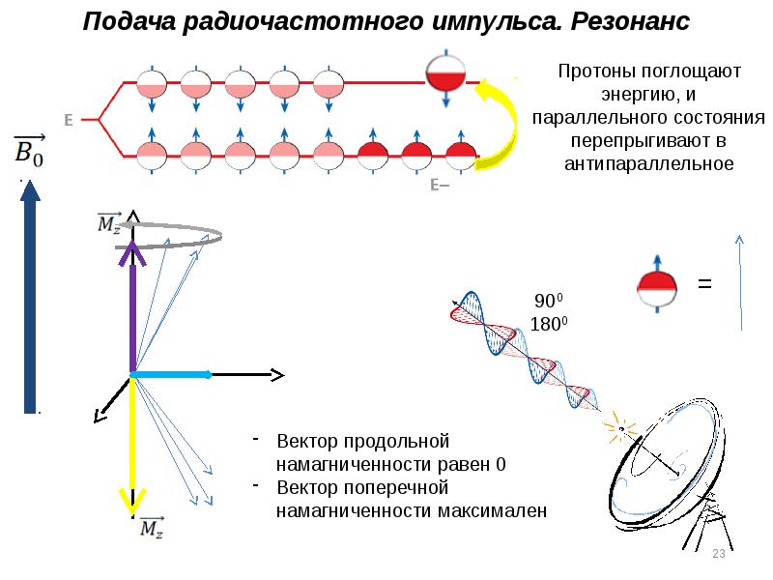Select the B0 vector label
pyautogui.click(x=26, y=149)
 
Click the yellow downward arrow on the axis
pyautogui.click(x=130, y=445)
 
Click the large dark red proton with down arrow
pyautogui.click(x=445, y=77)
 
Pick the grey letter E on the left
pyautogui.click(x=69, y=121)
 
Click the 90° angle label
pyautogui.click(x=546, y=301)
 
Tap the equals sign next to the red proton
pyautogui.click(x=704, y=284)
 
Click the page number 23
pyautogui.click(x=718, y=554)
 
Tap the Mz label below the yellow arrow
pyautogui.click(x=152, y=528)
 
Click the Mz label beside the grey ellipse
pyautogui.click(x=109, y=224)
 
